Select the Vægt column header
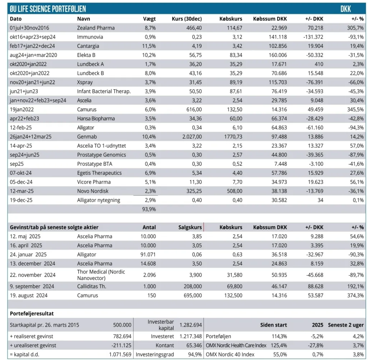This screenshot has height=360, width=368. [149, 19]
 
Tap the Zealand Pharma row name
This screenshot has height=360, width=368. [96, 28]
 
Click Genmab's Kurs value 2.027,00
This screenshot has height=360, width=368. [190, 136]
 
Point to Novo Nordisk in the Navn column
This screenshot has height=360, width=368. [92, 191]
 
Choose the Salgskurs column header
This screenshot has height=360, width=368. [190, 227]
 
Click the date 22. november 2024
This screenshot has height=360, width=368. [32, 275]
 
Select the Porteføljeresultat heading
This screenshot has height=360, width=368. [32, 314]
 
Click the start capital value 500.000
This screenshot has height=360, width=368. [122, 325]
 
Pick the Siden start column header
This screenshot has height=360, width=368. [273, 325]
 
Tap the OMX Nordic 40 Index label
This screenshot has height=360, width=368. [230, 355]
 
